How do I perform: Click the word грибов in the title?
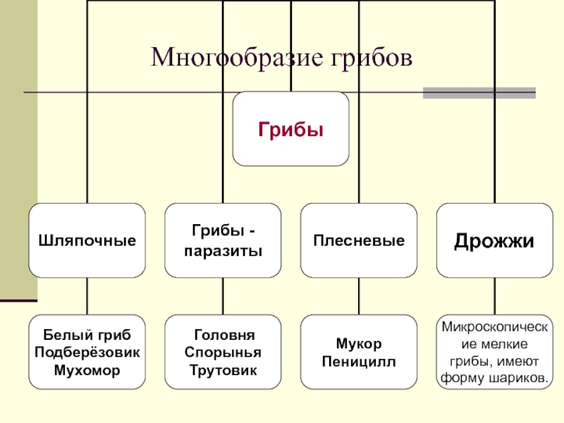point(367,56)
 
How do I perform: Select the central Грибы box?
point(290,128)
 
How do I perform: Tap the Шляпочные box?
point(87,240)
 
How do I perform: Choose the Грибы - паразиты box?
point(223,240)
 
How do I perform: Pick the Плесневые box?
point(359,240)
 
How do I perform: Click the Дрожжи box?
point(494,240)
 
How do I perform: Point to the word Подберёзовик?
point(87,352)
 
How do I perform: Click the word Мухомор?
point(87,369)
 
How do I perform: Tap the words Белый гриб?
point(87,334)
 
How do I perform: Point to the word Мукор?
point(359,343)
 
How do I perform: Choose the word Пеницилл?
point(359,361)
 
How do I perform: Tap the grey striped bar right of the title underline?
point(479,92)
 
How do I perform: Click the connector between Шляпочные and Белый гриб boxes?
point(87,296)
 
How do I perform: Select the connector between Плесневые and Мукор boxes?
point(359,296)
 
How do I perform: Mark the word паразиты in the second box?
point(223,250)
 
